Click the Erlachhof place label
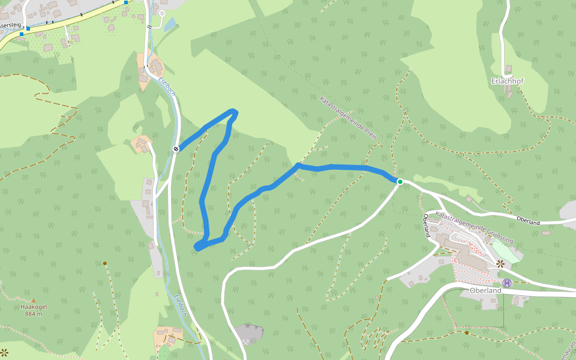click(x=507, y=81)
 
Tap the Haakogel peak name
click(x=34, y=307)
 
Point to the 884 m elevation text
click(x=34, y=314)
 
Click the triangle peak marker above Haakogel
click(x=34, y=300)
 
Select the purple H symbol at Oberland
click(x=507, y=283)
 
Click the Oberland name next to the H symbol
click(x=485, y=290)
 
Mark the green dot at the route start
click(x=400, y=181)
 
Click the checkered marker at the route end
click(x=176, y=149)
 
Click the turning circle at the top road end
click(x=162, y=13)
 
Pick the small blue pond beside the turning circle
click(x=170, y=25)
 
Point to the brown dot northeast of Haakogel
click(x=104, y=263)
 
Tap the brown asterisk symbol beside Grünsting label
click(x=500, y=263)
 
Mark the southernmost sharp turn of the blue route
click(x=197, y=247)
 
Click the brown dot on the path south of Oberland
click(x=467, y=332)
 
